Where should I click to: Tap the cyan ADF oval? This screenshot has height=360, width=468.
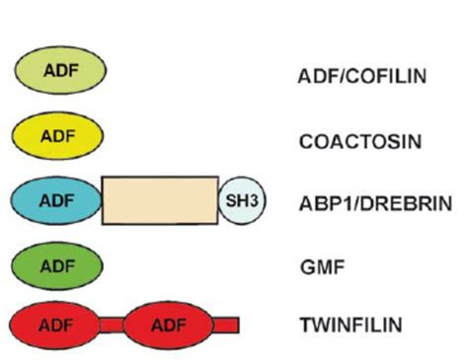pyautogui.click(x=57, y=200)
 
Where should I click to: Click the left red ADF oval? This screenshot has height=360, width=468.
pyautogui.click(x=56, y=324)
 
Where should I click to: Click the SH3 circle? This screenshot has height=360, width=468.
pyautogui.click(x=238, y=201)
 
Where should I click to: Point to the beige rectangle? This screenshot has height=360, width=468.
pyautogui.click(x=160, y=201)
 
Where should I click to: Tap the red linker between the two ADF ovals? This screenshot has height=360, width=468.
pyautogui.click(x=114, y=324)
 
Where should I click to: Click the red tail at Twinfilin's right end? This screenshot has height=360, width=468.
pyautogui.click(x=226, y=324)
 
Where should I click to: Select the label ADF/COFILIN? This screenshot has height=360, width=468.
pyautogui.click(x=362, y=75)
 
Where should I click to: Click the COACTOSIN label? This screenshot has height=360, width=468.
pyautogui.click(x=359, y=141)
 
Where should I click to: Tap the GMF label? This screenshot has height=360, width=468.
pyautogui.click(x=318, y=266)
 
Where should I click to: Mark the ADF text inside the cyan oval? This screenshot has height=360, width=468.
pyautogui.click(x=56, y=200)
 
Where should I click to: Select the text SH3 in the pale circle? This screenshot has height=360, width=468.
pyautogui.click(x=238, y=201)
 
